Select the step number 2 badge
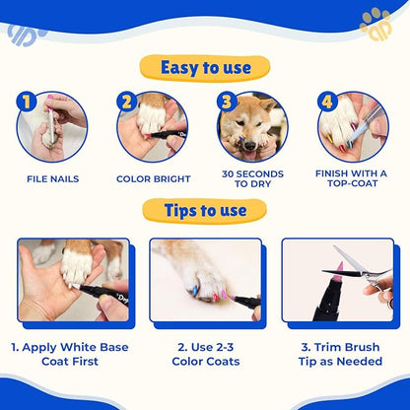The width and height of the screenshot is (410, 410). (127, 101)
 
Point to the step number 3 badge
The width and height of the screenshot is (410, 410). (227, 101)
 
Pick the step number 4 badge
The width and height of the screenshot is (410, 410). (326, 101)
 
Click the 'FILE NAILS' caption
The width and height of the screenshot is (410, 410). (52, 179)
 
